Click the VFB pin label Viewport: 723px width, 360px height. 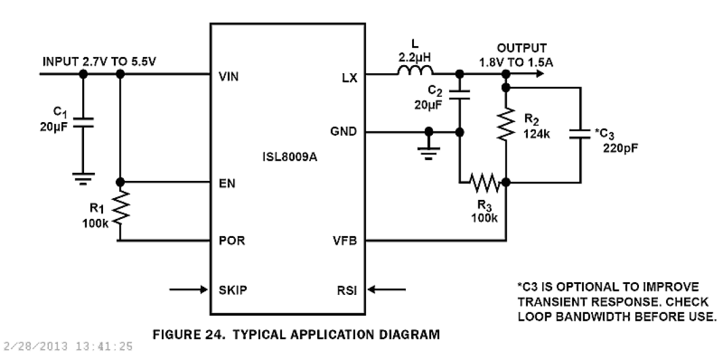point(345,240)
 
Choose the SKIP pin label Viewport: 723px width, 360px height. point(233,289)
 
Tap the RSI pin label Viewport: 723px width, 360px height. point(347,290)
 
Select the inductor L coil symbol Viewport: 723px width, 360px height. point(415,72)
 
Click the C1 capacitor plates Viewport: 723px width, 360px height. point(82,123)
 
